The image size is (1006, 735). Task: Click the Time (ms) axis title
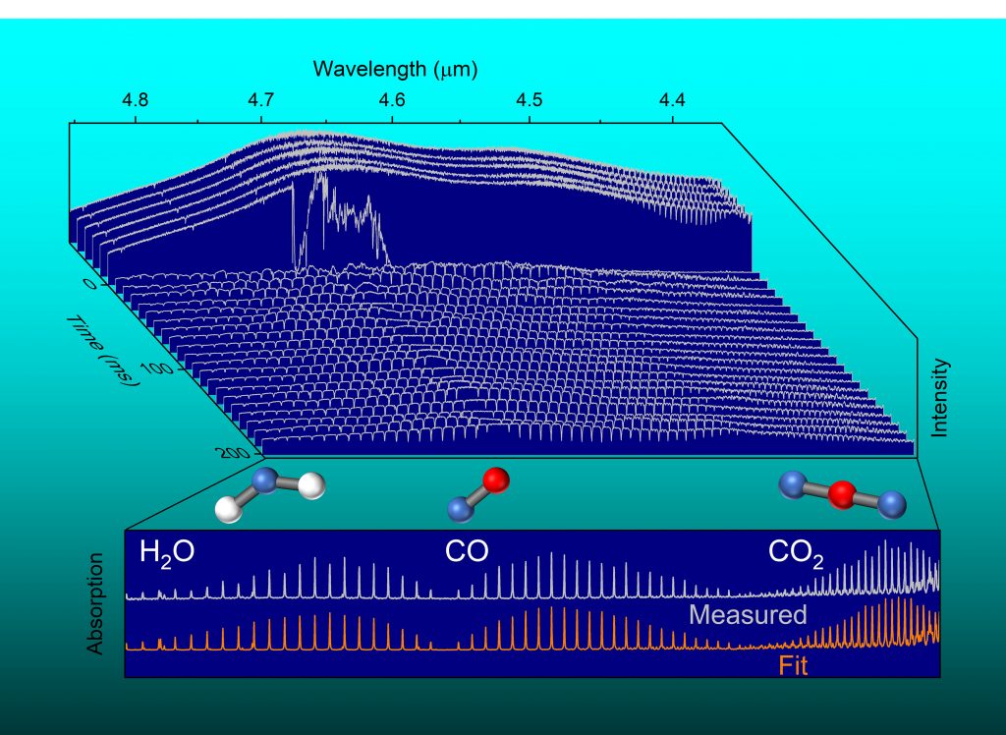[106, 350]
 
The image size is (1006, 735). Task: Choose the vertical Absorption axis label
[95, 603]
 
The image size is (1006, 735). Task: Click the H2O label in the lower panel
[166, 552]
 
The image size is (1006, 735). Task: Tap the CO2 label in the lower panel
[795, 555]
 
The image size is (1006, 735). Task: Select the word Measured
[747, 616]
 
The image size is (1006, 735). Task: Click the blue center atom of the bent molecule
[265, 480]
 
